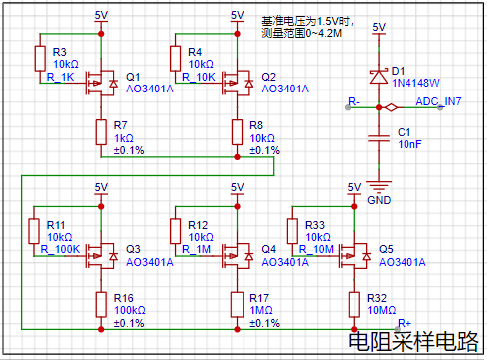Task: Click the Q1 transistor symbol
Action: [101, 83]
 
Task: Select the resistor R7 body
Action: [101, 132]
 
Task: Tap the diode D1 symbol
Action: [379, 77]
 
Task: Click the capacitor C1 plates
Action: [379, 138]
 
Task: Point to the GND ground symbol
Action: [379, 187]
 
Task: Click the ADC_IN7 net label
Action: [438, 101]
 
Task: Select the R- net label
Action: [354, 101]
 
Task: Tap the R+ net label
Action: [405, 323]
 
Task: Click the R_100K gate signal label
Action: [60, 249]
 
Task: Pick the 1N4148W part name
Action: [415, 83]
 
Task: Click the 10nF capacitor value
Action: [409, 144]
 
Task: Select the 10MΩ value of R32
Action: [382, 310]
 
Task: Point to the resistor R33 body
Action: [292, 231]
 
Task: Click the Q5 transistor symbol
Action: [354, 256]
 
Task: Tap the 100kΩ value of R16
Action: [130, 310]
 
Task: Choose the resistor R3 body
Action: [40, 59]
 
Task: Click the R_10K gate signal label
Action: [199, 77]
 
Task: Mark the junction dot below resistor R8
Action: [237, 157]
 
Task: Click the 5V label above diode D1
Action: [379, 27]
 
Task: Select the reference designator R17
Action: [259, 298]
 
